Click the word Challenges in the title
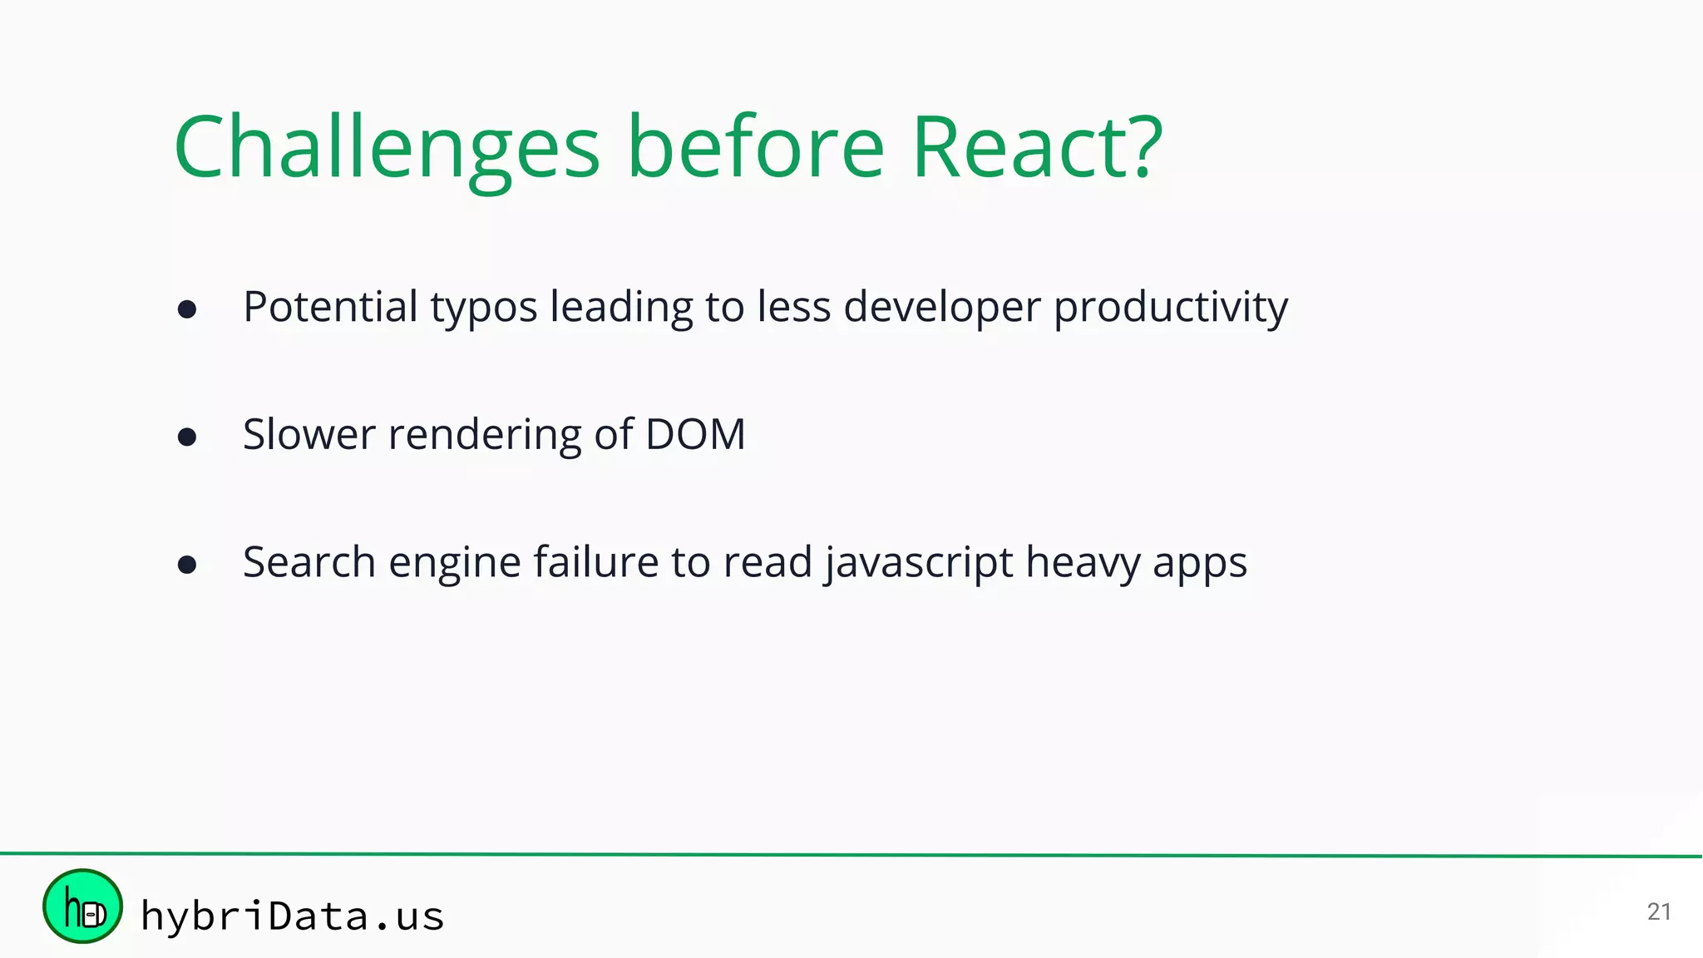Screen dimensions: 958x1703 coord(386,148)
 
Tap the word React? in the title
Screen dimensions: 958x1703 coord(1036,148)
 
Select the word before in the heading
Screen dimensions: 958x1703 coord(755,148)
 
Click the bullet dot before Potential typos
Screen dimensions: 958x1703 coord(187,309)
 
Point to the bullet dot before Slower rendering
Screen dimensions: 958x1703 coord(187,437)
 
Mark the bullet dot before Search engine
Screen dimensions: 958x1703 coord(187,565)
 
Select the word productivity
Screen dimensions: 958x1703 coord(1171,308)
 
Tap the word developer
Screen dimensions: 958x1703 coord(941,308)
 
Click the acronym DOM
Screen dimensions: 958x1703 coord(695,434)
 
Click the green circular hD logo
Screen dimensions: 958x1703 coord(82,906)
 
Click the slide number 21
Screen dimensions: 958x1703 coord(1658,911)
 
